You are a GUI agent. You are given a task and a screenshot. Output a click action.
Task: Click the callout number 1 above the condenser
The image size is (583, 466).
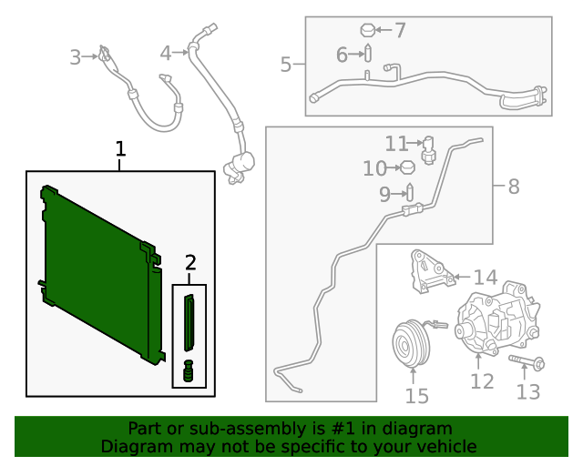120,149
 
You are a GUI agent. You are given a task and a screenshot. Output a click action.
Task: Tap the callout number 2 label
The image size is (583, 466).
189,263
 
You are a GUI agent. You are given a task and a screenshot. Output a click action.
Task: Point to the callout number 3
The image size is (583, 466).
76,58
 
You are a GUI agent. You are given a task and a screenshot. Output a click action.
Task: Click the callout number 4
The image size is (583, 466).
165,54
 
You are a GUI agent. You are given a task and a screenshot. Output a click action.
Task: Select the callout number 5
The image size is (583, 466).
286,65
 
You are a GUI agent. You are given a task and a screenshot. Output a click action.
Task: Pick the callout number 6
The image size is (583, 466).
343,56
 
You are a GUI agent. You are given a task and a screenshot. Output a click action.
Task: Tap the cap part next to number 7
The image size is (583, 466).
369,29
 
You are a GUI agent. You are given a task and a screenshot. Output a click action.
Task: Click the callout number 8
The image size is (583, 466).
514,187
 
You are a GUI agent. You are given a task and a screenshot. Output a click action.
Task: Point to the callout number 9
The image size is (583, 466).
384,193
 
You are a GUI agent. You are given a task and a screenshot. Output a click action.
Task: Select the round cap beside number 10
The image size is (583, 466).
408,167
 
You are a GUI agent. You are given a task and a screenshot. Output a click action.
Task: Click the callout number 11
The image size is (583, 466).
396,144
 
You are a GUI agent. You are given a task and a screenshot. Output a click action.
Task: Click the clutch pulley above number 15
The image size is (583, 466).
410,343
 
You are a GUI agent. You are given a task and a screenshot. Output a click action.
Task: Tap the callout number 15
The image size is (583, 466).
416,396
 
